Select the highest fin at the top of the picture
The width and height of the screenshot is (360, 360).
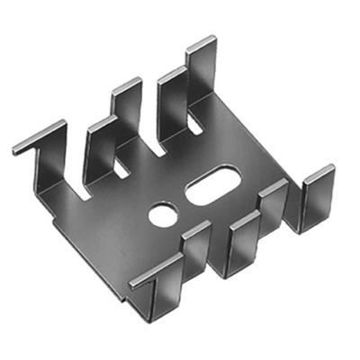pyautogui.click(x=201, y=72)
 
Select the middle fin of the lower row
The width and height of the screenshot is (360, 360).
pyautogui.click(x=242, y=238)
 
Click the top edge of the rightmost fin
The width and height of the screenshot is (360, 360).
pyautogui.click(x=319, y=172)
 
